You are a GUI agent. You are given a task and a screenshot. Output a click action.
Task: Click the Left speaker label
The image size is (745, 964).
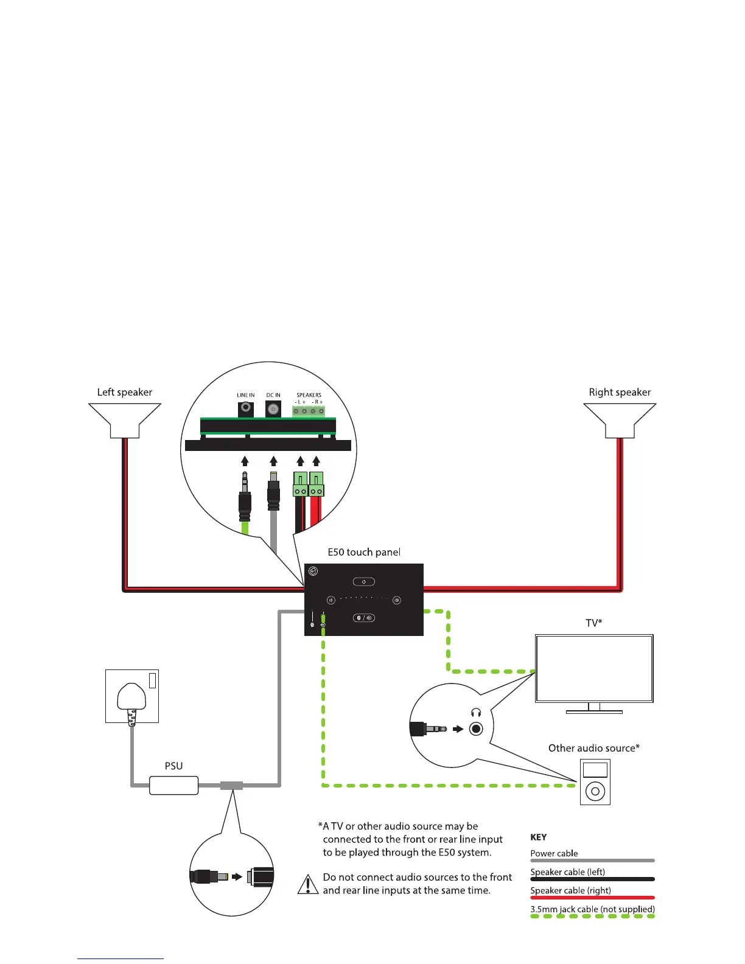[x=125, y=393]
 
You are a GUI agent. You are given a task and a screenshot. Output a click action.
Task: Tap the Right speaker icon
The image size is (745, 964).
[x=620, y=420]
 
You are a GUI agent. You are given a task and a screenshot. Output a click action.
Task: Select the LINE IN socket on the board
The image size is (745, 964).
[x=246, y=408]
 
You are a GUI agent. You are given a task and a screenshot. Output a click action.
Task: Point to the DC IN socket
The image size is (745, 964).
[x=273, y=409]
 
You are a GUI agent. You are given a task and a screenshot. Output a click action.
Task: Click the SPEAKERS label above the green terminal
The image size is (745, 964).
[x=309, y=395]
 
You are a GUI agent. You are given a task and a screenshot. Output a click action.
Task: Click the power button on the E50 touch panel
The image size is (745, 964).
[x=364, y=582]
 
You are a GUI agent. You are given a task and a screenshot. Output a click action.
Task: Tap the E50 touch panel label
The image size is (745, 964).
[x=364, y=553]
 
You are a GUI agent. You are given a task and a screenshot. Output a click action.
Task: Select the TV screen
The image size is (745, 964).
[x=594, y=668]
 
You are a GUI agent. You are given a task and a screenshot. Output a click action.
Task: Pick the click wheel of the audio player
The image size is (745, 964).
[x=595, y=792]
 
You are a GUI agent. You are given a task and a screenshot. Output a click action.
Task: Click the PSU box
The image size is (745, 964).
[x=174, y=785]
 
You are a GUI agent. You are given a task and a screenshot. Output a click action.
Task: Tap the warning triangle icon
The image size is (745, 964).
[x=308, y=884]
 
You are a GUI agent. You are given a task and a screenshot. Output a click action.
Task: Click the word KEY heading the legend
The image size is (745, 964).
[x=539, y=837]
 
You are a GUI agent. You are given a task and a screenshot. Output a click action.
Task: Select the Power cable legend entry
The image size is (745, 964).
[x=554, y=853]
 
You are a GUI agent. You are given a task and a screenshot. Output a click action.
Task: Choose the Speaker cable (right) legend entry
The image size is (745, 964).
[x=570, y=890]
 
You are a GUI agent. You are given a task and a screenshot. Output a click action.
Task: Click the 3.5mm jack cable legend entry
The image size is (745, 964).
[x=592, y=909]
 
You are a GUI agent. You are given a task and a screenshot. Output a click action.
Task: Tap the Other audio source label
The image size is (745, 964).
[x=593, y=748]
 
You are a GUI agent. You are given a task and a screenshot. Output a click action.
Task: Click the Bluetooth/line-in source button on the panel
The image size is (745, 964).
[x=364, y=618]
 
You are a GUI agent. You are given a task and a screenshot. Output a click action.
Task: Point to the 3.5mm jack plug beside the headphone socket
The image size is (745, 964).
[x=429, y=728]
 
